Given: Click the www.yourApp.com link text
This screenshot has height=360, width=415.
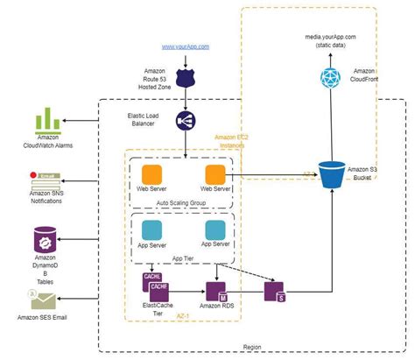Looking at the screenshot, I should tap(186, 44).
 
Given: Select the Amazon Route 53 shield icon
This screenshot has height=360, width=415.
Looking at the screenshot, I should tap(186, 78).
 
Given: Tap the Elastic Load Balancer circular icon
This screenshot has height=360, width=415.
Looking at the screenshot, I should tap(186, 122).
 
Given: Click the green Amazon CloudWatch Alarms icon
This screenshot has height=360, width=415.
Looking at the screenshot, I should tap(50, 120).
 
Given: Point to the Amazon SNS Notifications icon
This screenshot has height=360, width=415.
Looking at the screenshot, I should tap(46, 181).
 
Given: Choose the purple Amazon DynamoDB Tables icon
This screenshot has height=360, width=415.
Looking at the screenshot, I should tap(46, 238).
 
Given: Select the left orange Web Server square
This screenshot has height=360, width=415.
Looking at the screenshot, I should tap(153, 175).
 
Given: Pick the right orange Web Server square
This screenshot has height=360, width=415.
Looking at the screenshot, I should tap(215, 175).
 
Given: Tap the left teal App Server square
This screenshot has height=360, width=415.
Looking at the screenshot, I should tap(153, 229).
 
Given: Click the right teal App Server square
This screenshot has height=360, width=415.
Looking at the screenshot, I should tap(215, 229).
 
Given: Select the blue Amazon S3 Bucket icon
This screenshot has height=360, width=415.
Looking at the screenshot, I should tap(332, 175).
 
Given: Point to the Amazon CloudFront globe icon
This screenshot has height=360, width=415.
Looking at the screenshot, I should tap(330, 78).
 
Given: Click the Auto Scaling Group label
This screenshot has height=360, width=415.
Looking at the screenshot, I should tap(181, 201).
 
